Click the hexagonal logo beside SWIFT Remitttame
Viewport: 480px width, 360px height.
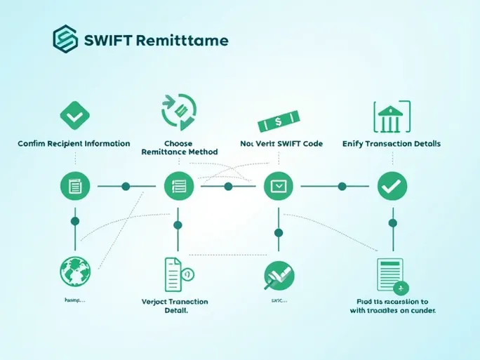[65, 40]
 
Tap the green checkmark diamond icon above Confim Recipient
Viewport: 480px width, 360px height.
[73, 114]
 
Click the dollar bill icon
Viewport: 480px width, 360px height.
[279, 122]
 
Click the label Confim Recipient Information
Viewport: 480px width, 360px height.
[74, 143]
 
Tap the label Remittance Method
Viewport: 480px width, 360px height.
[179, 152]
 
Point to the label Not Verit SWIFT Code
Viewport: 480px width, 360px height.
[281, 143]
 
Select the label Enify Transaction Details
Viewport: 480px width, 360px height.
[392, 143]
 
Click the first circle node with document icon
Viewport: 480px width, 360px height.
[74, 187]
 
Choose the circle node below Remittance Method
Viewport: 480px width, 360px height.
[178, 187]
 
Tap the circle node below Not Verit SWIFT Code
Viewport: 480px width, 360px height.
[279, 187]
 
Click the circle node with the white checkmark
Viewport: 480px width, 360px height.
[392, 187]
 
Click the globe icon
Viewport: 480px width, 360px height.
[75, 272]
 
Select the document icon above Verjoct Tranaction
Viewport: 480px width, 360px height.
[175, 273]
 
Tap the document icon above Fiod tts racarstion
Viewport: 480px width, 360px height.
[389, 275]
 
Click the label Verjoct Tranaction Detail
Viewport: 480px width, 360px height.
[175, 306]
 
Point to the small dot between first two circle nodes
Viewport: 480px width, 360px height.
[126, 187]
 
